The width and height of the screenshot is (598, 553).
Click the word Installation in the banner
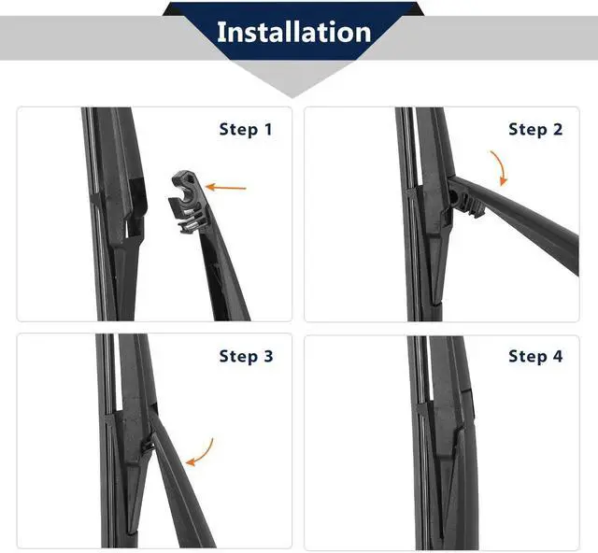pyautogui.click(x=293, y=32)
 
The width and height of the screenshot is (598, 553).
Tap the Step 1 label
pyautogui.click(x=246, y=129)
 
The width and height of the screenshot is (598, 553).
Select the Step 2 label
pyautogui.click(x=535, y=129)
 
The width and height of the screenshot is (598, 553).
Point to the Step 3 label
pyautogui.click(x=246, y=356)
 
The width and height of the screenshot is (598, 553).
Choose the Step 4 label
pyautogui.click(x=535, y=356)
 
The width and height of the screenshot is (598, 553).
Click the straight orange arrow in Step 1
pyautogui.click(x=226, y=187)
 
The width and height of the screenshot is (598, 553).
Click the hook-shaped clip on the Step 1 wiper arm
pyautogui.click(x=187, y=202)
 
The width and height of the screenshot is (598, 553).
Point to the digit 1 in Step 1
pyautogui.click(x=268, y=129)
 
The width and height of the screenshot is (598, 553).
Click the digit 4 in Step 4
pyautogui.click(x=558, y=356)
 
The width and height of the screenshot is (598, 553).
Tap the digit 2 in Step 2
pyautogui.click(x=558, y=129)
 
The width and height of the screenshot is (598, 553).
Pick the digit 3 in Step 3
pyautogui.click(x=268, y=356)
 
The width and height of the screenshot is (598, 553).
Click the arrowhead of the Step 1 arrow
pyautogui.click(x=210, y=187)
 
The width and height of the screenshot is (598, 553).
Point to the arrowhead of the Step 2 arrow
pyautogui.click(x=504, y=180)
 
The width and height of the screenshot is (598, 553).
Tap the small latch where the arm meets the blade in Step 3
pyautogui.click(x=147, y=447)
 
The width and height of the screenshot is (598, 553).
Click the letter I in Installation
pyautogui.click(x=221, y=32)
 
